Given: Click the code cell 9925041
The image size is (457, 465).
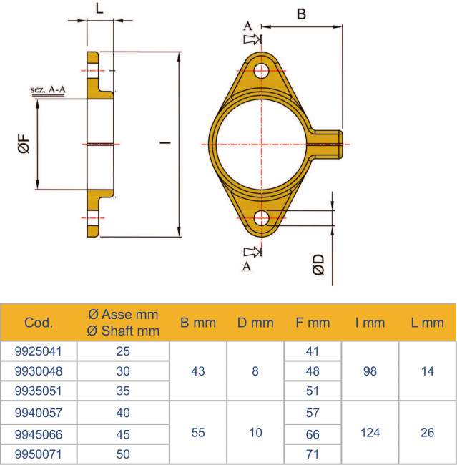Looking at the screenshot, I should [x=39, y=351].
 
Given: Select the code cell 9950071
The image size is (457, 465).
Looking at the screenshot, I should [x=39, y=454].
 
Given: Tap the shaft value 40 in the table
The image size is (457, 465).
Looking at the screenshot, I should [x=123, y=413].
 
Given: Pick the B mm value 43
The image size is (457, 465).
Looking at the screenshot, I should [x=198, y=372].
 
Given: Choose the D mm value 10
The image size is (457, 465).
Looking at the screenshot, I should [x=255, y=433].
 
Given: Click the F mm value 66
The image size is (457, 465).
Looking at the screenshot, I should [x=313, y=434].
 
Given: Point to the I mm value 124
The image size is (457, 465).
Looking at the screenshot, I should [x=370, y=433].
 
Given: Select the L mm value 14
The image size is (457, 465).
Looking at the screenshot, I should [x=427, y=372].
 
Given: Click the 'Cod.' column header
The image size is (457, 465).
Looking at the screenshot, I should [x=39, y=323].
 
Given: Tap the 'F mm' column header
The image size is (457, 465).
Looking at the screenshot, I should [x=313, y=323].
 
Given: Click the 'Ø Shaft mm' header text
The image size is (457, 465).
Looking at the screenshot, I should [x=123, y=331].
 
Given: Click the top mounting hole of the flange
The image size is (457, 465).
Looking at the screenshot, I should [x=262, y=70].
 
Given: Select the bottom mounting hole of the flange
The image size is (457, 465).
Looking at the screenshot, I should [x=262, y=218].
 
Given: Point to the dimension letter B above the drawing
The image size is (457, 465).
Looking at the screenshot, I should [x=301, y=14].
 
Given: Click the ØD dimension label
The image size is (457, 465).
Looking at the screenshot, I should [x=320, y=264].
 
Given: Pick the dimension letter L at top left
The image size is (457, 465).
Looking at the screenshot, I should [x=99, y=9].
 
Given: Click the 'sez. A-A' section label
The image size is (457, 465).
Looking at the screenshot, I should [x=49, y=90].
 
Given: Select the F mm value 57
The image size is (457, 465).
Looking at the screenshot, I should [x=313, y=413].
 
